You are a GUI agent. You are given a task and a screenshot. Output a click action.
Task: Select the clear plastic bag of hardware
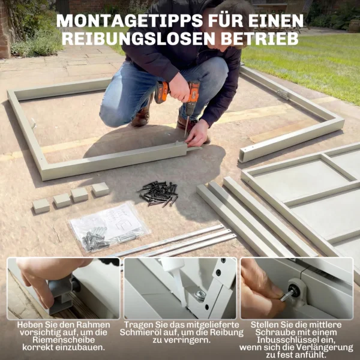pos(108,226)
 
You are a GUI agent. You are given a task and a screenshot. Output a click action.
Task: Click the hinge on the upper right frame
pos(282,94)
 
